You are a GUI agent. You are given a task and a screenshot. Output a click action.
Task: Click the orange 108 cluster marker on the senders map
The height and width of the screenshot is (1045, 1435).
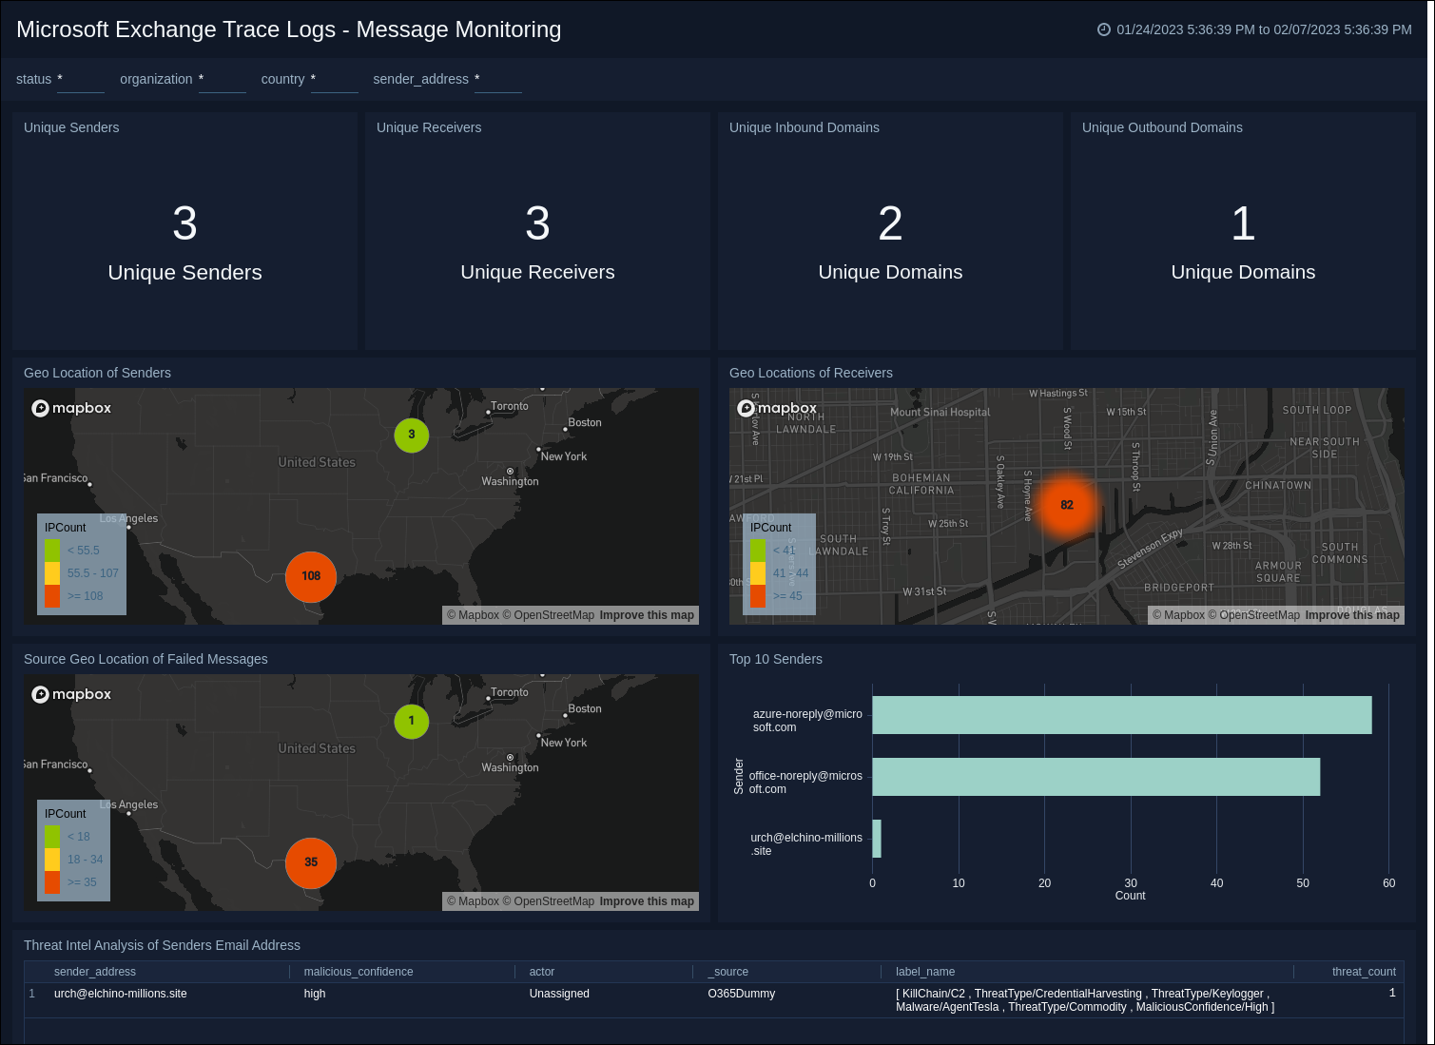(x=311, y=576)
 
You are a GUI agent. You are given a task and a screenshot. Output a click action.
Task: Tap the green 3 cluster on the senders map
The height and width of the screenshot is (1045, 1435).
(x=411, y=435)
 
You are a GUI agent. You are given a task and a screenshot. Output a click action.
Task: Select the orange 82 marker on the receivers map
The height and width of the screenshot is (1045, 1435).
(x=1066, y=505)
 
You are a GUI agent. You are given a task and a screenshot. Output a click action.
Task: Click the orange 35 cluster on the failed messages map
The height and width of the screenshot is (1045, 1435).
(x=311, y=862)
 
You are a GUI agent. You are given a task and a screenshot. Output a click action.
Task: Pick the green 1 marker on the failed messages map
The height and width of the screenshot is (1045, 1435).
(x=411, y=721)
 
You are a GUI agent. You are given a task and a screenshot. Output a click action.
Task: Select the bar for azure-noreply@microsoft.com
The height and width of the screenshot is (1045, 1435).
(x=1121, y=715)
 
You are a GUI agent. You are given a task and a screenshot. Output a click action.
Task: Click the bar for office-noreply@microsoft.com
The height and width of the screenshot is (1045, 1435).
(x=1096, y=777)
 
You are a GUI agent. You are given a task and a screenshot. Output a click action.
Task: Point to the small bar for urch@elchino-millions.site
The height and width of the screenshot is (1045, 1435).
(x=877, y=839)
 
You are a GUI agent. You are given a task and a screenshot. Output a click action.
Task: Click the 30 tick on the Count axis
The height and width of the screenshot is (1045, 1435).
(x=1131, y=883)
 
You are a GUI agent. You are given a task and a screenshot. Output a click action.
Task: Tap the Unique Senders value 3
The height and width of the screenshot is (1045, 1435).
(x=184, y=224)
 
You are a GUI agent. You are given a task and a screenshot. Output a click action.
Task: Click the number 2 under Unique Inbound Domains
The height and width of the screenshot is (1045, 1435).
(x=890, y=224)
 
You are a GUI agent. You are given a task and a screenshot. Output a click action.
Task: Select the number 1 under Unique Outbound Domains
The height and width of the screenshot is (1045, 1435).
(x=1243, y=224)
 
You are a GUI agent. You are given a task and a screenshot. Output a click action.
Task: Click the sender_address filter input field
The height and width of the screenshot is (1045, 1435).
(x=498, y=80)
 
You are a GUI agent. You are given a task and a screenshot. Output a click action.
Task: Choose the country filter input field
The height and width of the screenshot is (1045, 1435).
(x=335, y=80)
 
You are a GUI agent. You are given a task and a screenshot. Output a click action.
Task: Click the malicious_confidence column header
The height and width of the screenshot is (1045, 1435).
(x=359, y=972)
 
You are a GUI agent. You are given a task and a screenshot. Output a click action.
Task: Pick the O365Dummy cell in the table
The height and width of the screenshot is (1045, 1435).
(x=742, y=994)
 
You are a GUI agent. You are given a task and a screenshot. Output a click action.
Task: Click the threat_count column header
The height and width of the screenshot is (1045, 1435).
(x=1363, y=972)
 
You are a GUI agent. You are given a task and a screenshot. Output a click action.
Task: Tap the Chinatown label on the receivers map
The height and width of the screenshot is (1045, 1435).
(x=1278, y=486)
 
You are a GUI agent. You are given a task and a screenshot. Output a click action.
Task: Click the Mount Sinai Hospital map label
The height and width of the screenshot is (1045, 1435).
(x=940, y=413)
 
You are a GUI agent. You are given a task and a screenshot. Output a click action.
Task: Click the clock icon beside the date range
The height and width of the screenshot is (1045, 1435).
(x=1104, y=29)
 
